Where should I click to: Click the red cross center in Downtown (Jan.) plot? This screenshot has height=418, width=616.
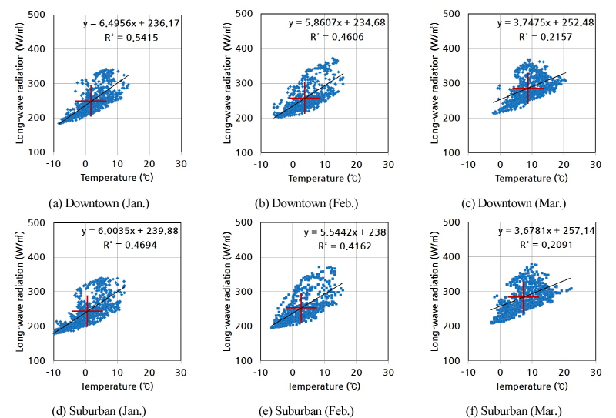click(91, 101)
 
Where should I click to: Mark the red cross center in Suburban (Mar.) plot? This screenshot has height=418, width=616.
click(523, 296)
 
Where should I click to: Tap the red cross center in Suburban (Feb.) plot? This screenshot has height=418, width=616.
click(301, 308)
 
